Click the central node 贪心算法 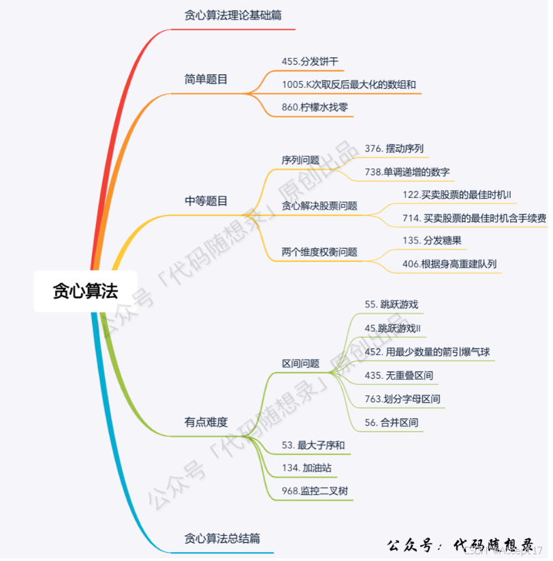coord(85,291)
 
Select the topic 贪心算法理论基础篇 coord(232,15)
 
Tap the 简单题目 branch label coord(206,79)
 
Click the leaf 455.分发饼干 coord(310,61)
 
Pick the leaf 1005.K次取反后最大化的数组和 coord(349,85)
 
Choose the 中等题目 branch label coord(206,201)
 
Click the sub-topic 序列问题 coord(300,160)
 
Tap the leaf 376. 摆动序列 coord(395,149)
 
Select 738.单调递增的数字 coord(407,172)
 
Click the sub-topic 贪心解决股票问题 coord(319,205)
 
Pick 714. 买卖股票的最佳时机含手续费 coord(474,217)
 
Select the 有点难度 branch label coord(206,422)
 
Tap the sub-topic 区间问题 coord(300,363)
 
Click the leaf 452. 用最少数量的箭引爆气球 coord(427,352)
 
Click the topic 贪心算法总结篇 coord(222,539)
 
